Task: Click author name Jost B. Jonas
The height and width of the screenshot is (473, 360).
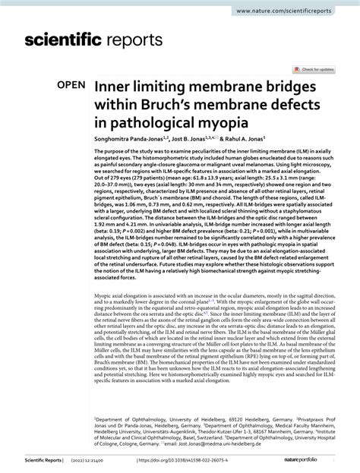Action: click(205, 140)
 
